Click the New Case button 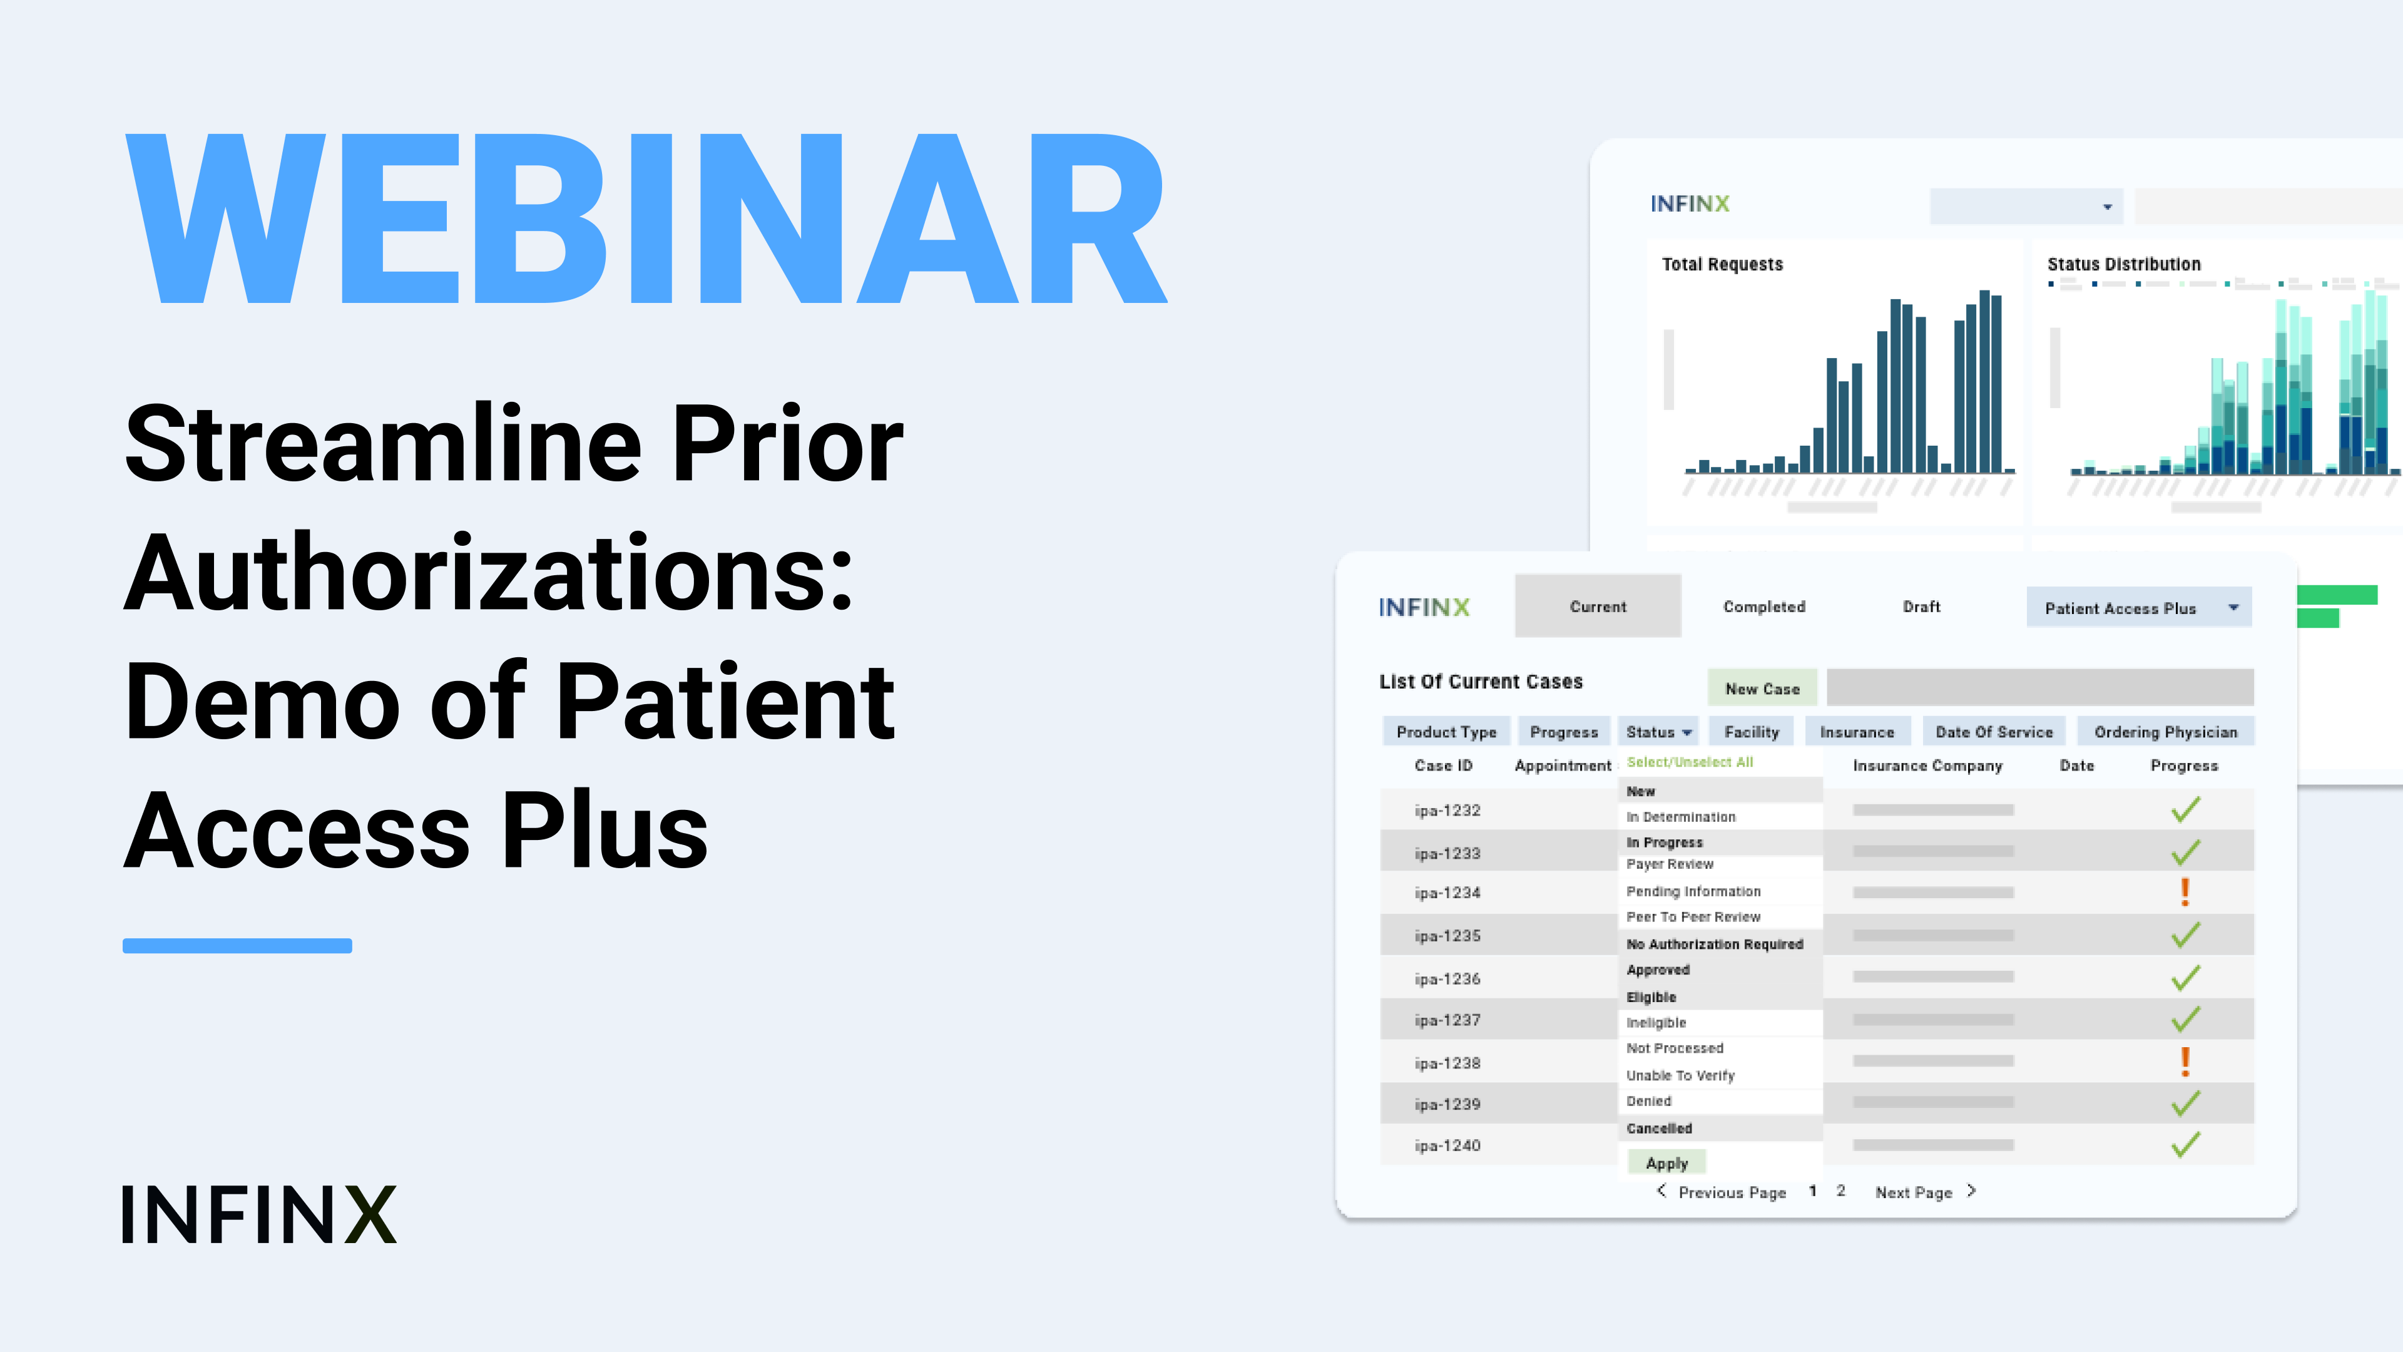[x=1762, y=688]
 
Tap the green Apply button [x=1667, y=1162]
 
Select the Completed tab [x=1764, y=607]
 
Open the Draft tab [x=1922, y=607]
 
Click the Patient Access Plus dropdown [x=2139, y=607]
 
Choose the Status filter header [x=1658, y=732]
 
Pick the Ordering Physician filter [x=2166, y=732]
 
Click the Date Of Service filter [x=1994, y=732]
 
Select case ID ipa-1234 [x=1447, y=893]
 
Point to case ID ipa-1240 [x=1447, y=1146]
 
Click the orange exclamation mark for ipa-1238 [x=2185, y=1061]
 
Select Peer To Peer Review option [x=1693, y=917]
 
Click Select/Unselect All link [x=1690, y=762]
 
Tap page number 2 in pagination [x=1840, y=1191]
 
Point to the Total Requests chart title [x=1722, y=264]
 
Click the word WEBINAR [x=646, y=219]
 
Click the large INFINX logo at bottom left [x=259, y=1215]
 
